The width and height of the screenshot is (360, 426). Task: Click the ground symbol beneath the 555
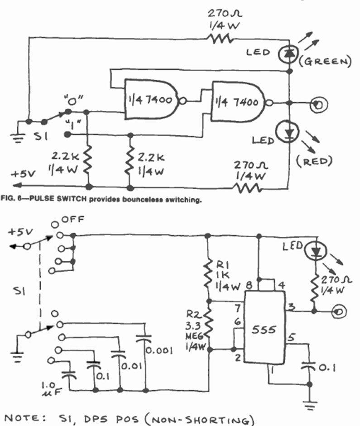coord(310,405)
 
